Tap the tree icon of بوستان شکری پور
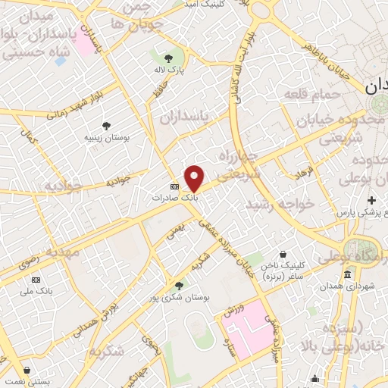[179, 285]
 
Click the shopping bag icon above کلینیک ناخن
[283, 255]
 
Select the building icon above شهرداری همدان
[347, 274]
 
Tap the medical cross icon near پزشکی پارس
[371, 200]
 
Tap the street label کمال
[30, 138]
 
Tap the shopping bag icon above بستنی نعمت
[27, 372]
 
